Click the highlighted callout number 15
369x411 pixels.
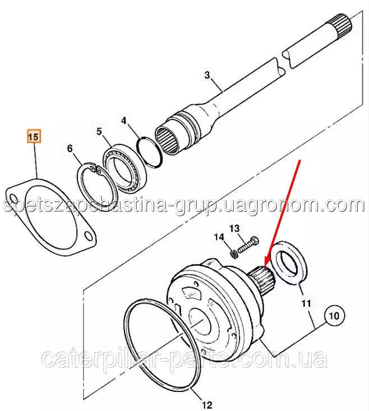tap(34, 137)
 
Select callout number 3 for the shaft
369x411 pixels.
tap(207, 75)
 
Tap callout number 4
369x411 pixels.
tap(124, 121)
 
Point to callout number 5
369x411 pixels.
tap(99, 131)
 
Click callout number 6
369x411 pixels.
tap(70, 149)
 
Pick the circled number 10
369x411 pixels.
tap(334, 315)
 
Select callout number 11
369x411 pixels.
tap(306, 303)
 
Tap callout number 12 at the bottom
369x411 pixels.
tap(207, 405)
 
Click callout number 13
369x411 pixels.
tap(234, 228)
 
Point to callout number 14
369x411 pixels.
tap(219, 237)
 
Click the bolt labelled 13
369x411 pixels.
tap(248, 244)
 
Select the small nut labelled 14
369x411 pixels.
tap(233, 254)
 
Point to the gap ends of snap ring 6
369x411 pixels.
tap(95, 169)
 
